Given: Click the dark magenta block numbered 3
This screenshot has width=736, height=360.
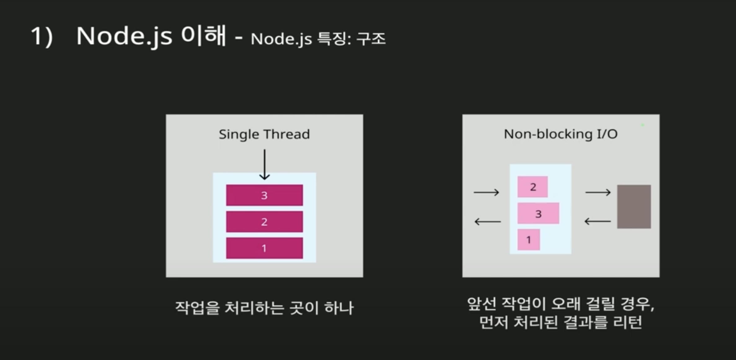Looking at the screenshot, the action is click(x=264, y=195).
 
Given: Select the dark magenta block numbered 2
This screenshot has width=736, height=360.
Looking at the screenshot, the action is click(x=264, y=222).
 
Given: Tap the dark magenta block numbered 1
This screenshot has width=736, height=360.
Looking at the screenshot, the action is click(x=264, y=248).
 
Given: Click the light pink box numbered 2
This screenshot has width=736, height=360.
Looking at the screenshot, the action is click(x=532, y=187).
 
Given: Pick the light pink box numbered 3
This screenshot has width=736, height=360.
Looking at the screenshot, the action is click(x=538, y=213).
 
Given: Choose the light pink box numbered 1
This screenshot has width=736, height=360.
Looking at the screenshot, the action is click(x=529, y=240).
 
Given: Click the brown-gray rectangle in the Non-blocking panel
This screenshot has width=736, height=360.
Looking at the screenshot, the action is click(x=634, y=207).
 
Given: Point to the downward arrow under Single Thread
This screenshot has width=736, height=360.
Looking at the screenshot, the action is click(x=264, y=164).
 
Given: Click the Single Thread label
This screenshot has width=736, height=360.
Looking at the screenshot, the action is click(x=264, y=134).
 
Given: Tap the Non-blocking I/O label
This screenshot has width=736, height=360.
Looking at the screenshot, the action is click(x=561, y=134).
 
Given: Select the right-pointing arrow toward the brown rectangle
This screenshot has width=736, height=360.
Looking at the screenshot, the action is click(x=598, y=193).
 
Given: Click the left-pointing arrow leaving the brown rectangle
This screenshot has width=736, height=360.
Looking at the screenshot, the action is click(x=597, y=221).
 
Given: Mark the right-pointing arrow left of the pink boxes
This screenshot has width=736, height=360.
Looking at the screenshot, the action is click(x=486, y=193).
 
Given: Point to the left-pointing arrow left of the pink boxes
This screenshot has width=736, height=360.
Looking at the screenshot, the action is click(x=487, y=222).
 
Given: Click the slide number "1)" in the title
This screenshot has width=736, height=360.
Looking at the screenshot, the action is click(x=42, y=37).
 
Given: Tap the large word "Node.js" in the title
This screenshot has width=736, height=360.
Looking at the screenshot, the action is click(x=124, y=37).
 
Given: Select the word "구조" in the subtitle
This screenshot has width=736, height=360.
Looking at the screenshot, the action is click(x=371, y=39).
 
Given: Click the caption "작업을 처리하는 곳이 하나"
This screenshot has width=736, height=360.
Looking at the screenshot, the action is click(x=264, y=308).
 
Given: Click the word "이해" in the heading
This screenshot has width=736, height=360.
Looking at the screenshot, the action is click(x=204, y=36).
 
